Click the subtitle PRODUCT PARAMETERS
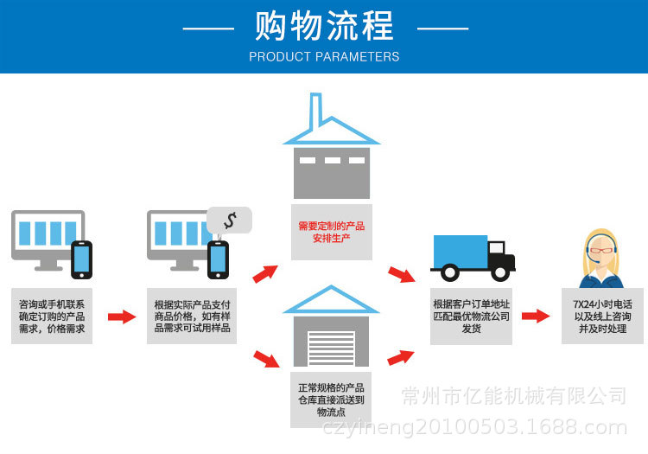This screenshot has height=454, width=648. (324, 57)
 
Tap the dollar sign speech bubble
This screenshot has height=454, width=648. (229, 221)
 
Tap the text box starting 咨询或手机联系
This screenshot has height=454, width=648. (52, 317)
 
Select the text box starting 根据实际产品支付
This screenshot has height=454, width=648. (192, 317)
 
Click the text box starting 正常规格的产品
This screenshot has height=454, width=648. (331, 400)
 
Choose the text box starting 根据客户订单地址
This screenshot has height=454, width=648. (471, 317)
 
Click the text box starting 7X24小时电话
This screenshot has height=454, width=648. (602, 317)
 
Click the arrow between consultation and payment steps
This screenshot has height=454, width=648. (122, 317)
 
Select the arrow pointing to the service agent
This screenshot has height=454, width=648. (536, 316)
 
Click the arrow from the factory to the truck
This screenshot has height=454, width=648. (401, 275)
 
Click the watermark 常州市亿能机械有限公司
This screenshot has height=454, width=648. (514, 396)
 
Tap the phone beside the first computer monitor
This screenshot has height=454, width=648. (82, 259)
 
